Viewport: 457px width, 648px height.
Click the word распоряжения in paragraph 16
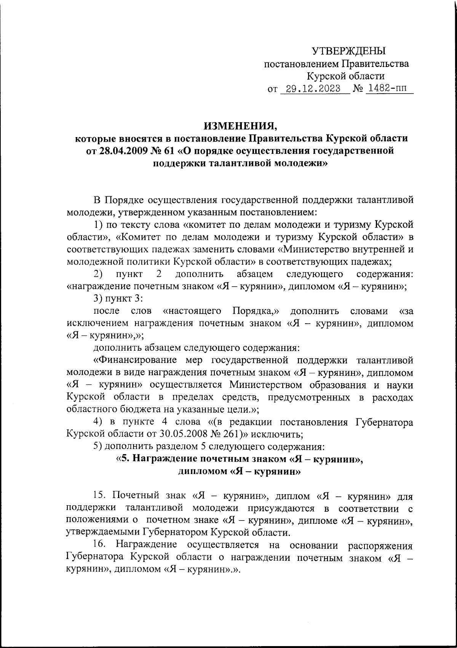(381, 546)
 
